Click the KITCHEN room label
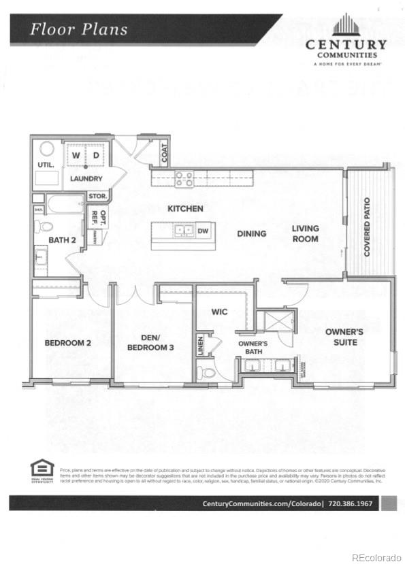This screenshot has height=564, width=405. click(x=185, y=208)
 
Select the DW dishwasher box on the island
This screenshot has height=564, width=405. click(x=203, y=231)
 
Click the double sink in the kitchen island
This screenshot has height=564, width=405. click(x=182, y=231)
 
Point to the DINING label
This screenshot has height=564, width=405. click(x=251, y=233)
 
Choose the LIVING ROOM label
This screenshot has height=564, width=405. click(x=306, y=233)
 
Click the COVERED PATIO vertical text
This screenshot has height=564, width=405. click(x=367, y=227)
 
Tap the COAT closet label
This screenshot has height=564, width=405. click(x=164, y=154)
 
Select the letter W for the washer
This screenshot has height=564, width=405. click(x=76, y=156)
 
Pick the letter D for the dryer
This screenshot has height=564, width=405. click(x=96, y=156)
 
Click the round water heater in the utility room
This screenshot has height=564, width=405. click(x=47, y=148)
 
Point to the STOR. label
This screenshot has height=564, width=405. click(x=97, y=196)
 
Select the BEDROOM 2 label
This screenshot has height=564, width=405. click(x=67, y=343)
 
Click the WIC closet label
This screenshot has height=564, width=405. click(x=218, y=312)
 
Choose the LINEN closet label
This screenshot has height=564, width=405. click(x=200, y=346)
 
